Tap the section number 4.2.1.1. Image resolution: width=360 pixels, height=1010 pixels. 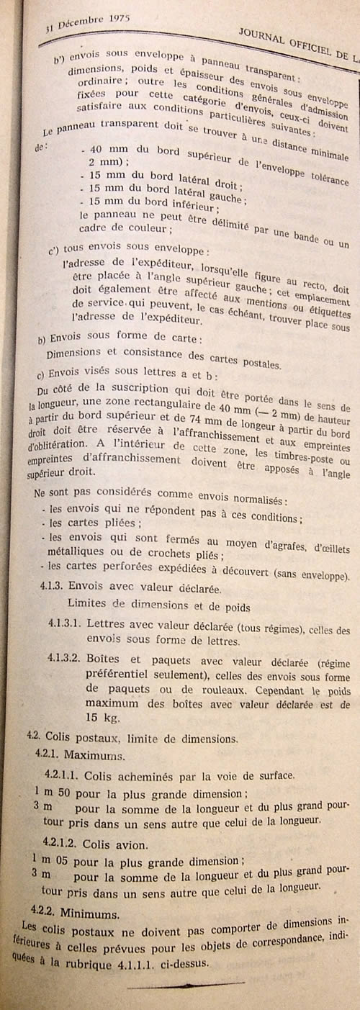point(62,776)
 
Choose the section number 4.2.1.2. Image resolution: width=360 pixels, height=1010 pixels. point(62,842)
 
